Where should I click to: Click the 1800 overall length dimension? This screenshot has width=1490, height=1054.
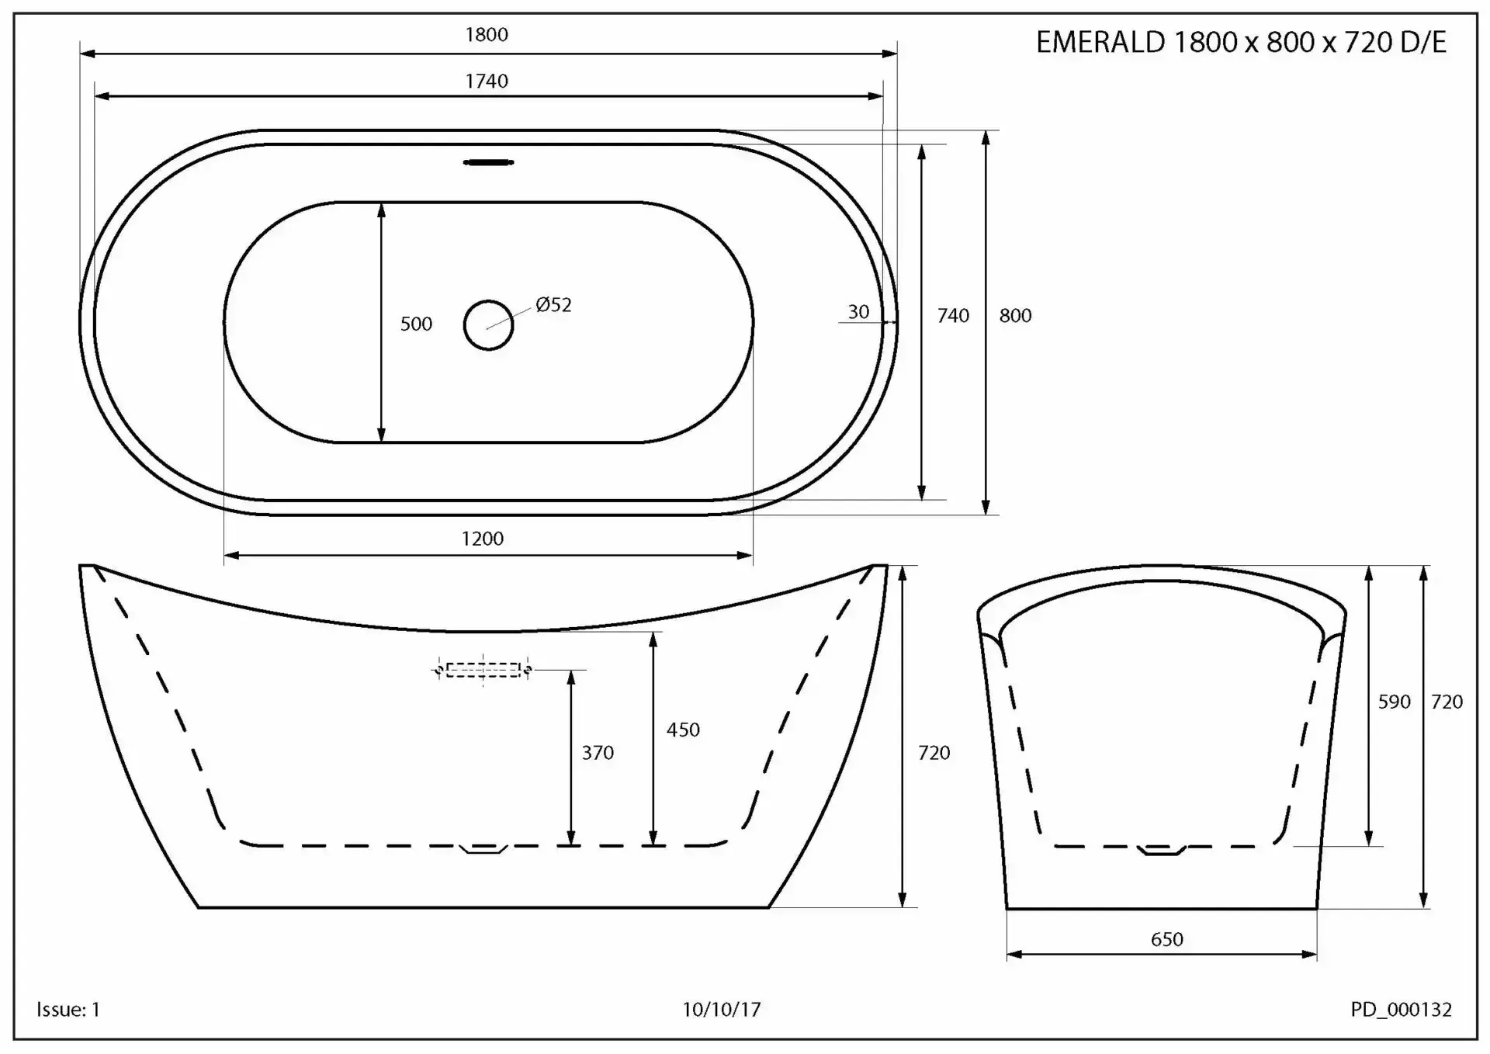pos(487,35)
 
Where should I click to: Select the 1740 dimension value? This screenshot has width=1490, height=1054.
pos(487,81)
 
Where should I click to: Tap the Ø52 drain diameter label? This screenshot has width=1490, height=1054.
pos(553,305)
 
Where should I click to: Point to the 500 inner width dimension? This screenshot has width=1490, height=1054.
pos(416,324)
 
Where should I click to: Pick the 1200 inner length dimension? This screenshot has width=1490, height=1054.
pos(483,539)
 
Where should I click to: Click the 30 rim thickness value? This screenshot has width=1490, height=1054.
pos(858,312)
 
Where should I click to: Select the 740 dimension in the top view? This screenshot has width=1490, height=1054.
pos(953,316)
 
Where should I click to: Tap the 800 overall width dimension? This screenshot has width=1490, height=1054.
pos(1015,316)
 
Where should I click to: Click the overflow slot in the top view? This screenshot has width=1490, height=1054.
pos(488,162)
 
